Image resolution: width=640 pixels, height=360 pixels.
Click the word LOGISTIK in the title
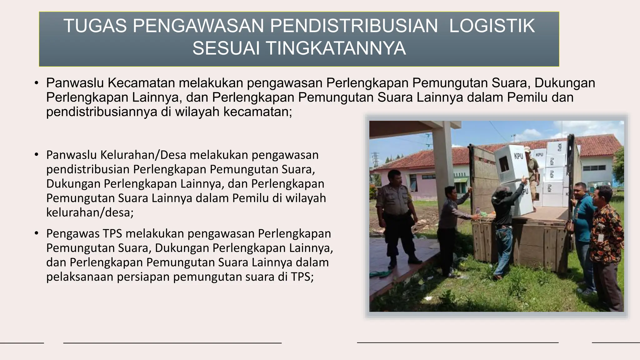pos(492,26)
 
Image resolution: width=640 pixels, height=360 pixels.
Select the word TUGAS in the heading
pos(95,26)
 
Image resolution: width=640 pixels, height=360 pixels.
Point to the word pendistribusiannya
pos(102,112)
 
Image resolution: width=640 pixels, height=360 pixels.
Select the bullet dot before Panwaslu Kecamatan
pos(37,83)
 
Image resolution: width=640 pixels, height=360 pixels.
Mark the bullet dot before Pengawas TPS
pos(37,233)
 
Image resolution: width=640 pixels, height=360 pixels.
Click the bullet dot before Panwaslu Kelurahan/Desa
pos(37,155)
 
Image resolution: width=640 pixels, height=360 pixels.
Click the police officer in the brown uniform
pos(395,216)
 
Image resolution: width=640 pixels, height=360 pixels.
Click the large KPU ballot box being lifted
pos(512,164)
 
